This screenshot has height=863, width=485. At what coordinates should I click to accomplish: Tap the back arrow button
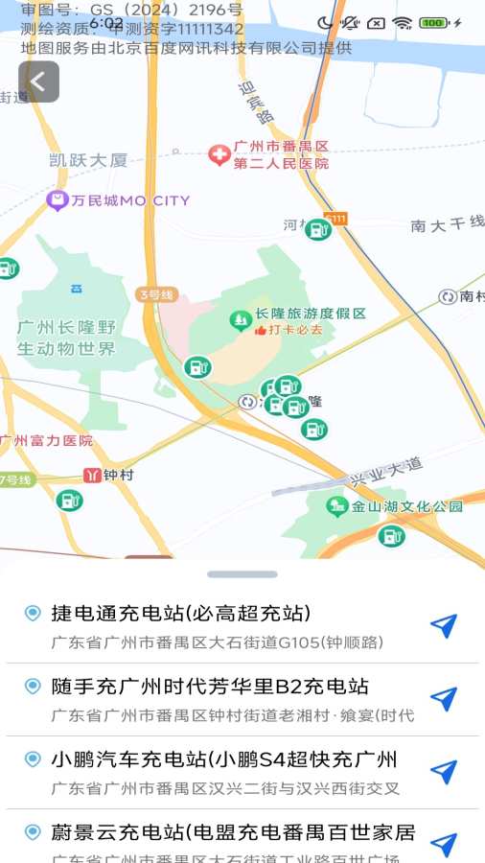pos(38,82)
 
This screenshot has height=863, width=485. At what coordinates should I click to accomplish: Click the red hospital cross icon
pos(219,154)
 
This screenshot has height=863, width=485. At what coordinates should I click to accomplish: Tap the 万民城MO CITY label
pos(130,200)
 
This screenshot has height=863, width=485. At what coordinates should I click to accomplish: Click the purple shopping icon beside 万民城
pos(58,200)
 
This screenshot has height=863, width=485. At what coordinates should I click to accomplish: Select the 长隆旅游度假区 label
pos(311,314)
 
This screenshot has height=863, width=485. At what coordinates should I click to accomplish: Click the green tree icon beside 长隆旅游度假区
pos(240,319)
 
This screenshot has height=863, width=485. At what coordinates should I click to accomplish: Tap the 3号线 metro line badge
pos(155,294)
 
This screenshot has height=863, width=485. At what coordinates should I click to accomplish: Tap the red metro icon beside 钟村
pos(92,475)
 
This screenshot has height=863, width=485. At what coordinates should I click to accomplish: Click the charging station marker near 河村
pos(317,229)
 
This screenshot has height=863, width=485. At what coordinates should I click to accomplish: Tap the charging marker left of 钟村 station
pos(68,500)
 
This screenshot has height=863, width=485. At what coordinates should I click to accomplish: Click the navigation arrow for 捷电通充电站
pos(443,626)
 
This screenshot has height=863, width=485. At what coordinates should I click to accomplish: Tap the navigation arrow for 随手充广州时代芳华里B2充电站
pos(443,699)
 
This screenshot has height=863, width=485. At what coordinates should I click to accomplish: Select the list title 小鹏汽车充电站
pos(223,760)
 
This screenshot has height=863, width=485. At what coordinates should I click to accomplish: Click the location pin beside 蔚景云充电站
pos(33,831)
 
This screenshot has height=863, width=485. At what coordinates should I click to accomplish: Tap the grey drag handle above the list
pos(242,574)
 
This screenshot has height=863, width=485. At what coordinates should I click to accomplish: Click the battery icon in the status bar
pos(434,22)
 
